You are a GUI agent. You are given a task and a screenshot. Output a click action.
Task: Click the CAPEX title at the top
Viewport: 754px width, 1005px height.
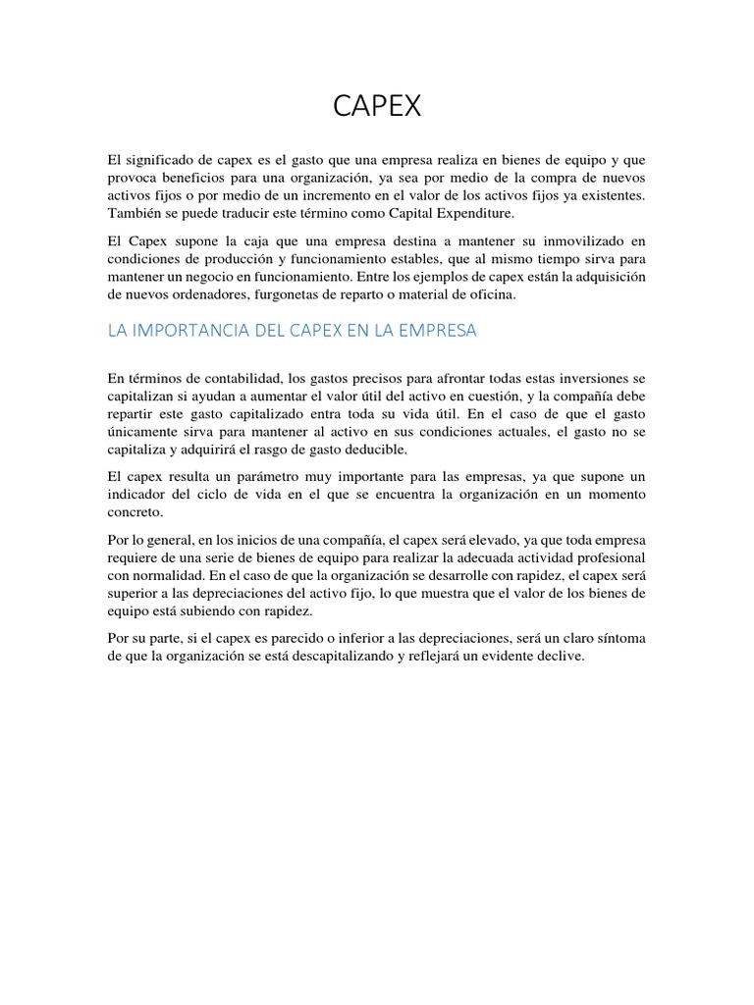pos(377,107)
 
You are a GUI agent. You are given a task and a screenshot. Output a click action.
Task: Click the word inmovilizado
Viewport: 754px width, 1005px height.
pos(581,241)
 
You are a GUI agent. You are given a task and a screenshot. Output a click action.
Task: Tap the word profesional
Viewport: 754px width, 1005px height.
pos(603,557)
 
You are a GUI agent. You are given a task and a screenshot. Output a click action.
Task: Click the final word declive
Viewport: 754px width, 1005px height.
pos(560,657)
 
